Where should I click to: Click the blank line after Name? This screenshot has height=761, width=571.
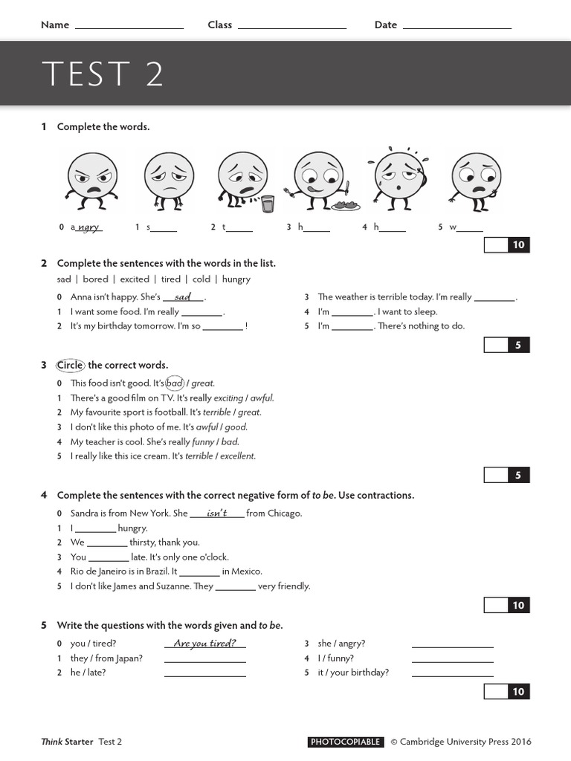tap(129, 27)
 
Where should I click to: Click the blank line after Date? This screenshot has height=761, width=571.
tap(457, 27)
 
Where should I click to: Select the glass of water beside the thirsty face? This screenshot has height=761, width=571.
tap(268, 204)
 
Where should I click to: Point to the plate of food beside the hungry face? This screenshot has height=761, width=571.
tap(345, 205)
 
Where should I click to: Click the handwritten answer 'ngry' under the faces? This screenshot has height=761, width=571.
tap(89, 227)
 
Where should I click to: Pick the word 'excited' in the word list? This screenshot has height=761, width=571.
tap(135, 279)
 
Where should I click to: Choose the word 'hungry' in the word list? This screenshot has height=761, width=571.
tap(236, 279)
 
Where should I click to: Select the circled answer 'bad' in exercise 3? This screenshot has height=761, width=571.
tap(175, 383)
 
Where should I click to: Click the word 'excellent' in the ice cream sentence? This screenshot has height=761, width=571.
tap(238, 456)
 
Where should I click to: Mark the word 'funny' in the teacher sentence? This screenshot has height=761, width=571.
tap(203, 441)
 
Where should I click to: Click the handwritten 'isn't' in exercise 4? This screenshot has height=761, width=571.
tap(216, 513)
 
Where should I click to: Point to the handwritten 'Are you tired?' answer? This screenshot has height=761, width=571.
tap(204, 644)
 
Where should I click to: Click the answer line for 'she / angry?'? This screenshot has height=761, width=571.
tap(452, 645)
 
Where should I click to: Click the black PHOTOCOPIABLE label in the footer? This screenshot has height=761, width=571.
tap(346, 742)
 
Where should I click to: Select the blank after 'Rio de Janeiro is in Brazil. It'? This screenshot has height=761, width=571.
tap(199, 573)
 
